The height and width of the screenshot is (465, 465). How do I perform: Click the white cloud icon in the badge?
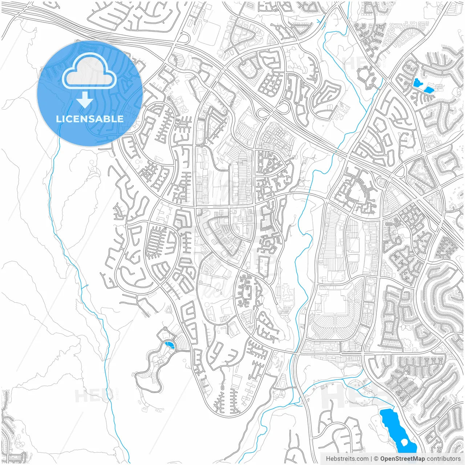[x=89, y=70]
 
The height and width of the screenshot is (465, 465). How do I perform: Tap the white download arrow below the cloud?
[x=85, y=100]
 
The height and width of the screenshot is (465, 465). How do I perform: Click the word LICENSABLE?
[x=90, y=119]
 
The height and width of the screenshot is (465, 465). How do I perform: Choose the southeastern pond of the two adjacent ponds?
[x=429, y=90]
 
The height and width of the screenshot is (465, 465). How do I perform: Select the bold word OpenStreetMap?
[x=403, y=459]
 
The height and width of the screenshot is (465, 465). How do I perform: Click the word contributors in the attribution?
[x=444, y=459]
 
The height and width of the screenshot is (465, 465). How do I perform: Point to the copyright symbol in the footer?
[x=376, y=459]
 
